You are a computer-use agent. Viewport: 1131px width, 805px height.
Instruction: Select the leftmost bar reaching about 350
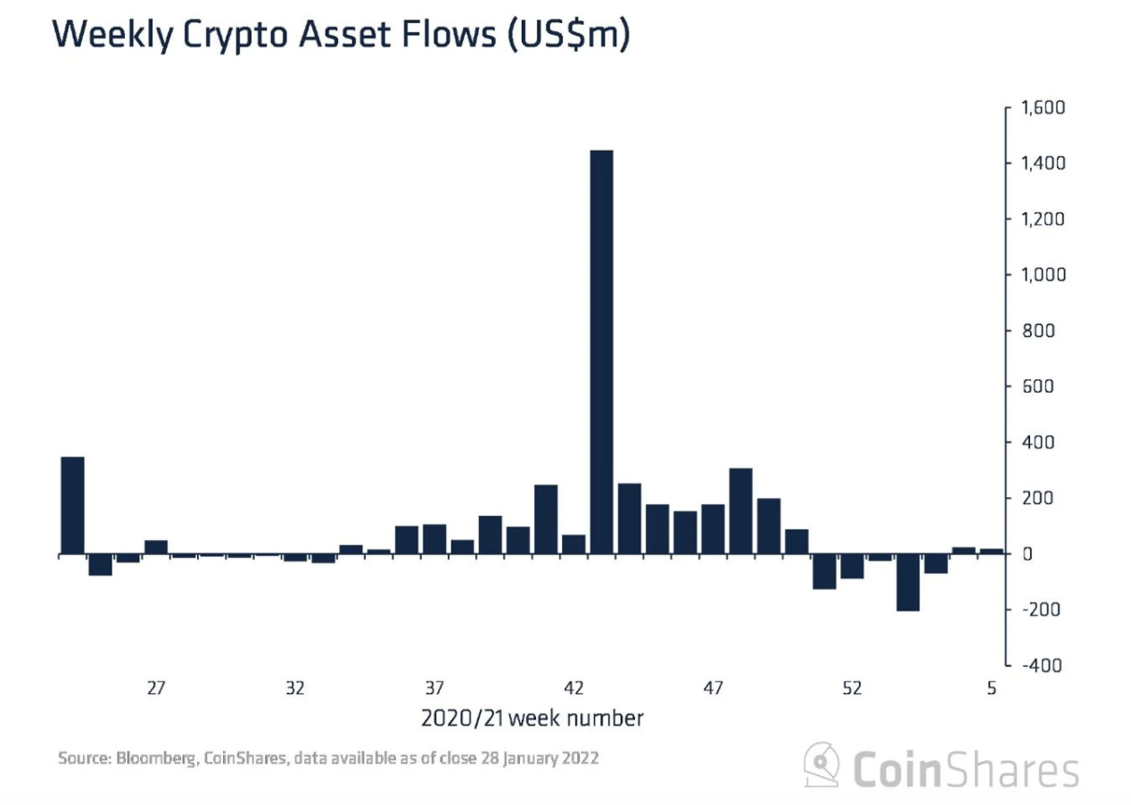coord(73,505)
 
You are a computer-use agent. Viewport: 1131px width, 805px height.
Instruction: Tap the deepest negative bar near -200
coord(908,583)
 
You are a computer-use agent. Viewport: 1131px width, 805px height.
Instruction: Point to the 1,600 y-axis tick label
coord(1044,108)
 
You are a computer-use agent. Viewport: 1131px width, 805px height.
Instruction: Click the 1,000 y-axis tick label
coord(1044,275)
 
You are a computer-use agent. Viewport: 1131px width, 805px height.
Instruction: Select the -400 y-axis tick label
coord(1042,665)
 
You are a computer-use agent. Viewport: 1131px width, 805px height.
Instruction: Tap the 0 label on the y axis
coord(1027,554)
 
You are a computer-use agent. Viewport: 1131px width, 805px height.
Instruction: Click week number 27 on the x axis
coord(156,688)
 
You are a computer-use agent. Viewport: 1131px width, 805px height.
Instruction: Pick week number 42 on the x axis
coord(574,688)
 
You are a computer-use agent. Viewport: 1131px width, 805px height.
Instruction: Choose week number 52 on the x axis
coord(852,688)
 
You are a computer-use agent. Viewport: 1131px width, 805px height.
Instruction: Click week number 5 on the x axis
coord(992,688)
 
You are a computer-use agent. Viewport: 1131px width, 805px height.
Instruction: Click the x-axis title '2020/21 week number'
coord(532,718)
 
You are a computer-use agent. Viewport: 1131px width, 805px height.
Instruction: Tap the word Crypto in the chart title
coord(235,36)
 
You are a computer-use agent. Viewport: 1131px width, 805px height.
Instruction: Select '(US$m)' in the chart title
coord(568,35)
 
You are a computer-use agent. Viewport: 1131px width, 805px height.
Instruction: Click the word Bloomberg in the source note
coord(156,758)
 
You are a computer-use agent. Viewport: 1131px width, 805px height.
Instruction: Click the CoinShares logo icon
coord(821,765)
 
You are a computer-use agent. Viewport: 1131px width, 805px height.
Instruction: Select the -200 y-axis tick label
coord(1041,610)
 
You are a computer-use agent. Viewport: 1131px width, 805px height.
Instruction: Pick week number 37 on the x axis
coord(434,688)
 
